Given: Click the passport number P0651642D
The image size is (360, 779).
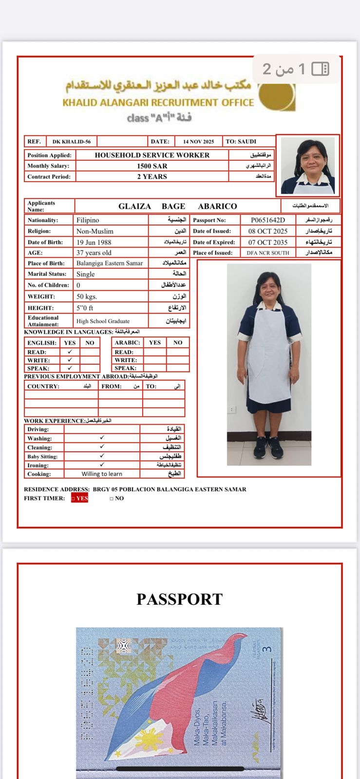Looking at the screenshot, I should (267, 220).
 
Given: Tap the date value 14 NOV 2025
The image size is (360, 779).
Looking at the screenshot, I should (198, 142).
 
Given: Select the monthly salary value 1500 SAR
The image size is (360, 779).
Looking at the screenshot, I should (152, 166).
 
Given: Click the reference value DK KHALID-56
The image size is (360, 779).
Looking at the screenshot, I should (72, 142).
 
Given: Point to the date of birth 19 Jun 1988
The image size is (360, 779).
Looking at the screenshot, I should (94, 242).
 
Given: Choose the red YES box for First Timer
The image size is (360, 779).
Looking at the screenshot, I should (80, 498).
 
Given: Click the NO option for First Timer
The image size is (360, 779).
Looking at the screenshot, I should (117, 499).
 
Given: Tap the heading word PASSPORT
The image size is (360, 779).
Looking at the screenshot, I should (179, 599).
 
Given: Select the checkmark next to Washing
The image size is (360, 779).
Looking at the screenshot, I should (102, 438).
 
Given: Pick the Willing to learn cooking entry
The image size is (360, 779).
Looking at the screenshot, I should (102, 474).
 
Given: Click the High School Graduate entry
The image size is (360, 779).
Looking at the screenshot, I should (103, 321).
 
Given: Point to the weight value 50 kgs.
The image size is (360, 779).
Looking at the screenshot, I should (87, 297).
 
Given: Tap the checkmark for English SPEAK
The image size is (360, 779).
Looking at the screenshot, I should (70, 368).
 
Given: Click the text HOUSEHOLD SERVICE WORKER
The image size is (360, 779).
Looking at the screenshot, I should (152, 155).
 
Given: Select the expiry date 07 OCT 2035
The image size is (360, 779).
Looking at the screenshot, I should (267, 242).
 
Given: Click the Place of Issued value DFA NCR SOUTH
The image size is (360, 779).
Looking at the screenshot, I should (267, 253).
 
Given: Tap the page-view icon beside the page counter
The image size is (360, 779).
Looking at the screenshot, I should (320, 69).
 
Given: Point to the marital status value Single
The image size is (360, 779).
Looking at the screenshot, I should (85, 274).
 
